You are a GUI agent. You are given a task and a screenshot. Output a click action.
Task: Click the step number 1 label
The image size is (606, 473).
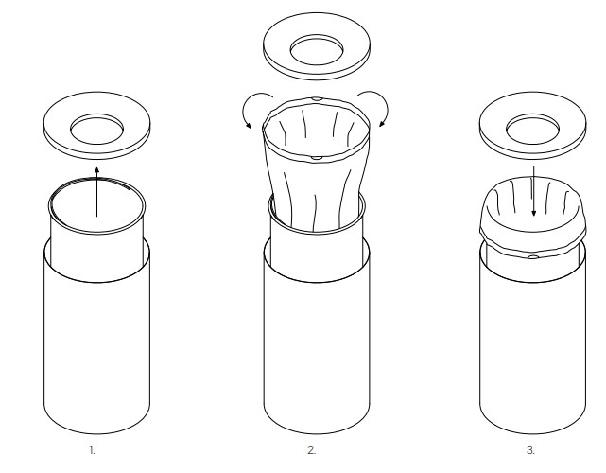(92, 450)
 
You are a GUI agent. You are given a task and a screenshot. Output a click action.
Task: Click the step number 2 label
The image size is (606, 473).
(311, 450)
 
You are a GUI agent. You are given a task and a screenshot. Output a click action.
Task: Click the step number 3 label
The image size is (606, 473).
(530, 450)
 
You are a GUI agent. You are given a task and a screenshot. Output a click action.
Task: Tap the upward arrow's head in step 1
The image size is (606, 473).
(96, 170)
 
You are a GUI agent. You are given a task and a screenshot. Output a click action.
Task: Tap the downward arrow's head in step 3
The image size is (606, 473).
(534, 212)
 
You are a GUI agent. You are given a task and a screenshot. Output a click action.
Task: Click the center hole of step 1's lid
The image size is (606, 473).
(97, 130)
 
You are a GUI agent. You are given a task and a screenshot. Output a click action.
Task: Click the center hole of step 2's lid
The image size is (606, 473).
(317, 50)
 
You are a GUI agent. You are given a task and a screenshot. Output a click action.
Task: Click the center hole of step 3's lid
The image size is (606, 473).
(532, 129)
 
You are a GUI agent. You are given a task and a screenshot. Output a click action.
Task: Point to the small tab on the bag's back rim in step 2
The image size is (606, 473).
(317, 99)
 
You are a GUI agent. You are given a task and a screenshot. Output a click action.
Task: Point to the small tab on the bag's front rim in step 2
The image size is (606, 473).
(317, 158)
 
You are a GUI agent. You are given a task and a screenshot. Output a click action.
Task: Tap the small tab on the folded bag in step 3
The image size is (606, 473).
(532, 256)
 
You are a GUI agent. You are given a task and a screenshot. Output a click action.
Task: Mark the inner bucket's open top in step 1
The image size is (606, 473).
(97, 205)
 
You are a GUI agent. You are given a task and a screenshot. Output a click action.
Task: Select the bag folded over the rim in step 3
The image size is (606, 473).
(533, 217)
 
